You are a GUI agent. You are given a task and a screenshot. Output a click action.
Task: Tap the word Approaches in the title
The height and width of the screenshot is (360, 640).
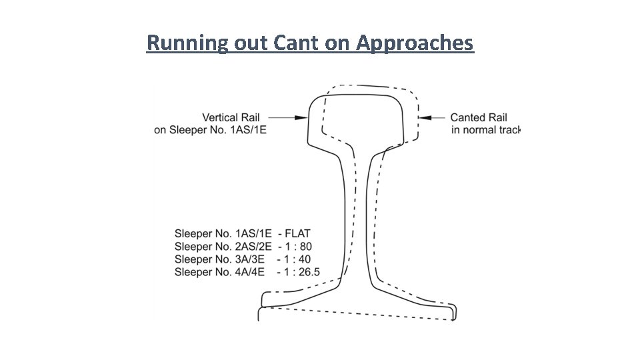point(415,44)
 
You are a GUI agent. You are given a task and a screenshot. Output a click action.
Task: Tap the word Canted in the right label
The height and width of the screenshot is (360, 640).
point(469,117)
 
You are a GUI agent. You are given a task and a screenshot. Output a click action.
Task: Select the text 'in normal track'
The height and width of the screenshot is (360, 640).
point(485,129)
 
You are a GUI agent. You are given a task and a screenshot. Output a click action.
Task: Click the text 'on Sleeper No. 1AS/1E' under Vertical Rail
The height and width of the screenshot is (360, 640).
point(210,129)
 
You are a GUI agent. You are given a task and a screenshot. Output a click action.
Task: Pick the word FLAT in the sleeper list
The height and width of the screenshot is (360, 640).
point(297,234)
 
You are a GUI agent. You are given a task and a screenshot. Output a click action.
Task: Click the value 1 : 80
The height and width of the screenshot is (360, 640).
point(298,247)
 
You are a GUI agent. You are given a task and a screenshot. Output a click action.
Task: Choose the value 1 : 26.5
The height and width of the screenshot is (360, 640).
point(302,272)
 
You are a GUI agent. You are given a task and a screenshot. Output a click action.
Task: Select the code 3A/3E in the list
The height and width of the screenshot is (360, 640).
point(250,259)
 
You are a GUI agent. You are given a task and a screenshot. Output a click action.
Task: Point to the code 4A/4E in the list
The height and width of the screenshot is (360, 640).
point(250,272)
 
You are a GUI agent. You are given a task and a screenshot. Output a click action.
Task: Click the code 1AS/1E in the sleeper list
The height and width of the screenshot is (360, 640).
point(254,234)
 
